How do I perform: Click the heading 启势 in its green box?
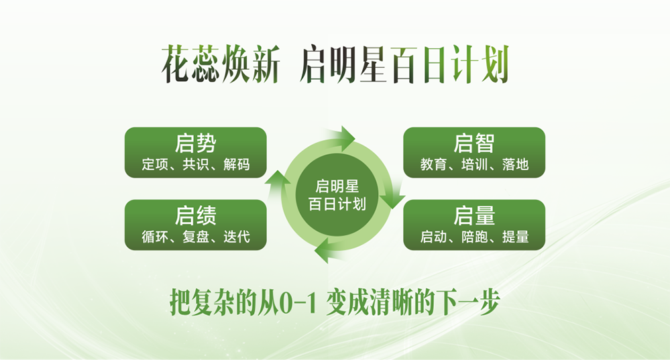coord(195,143)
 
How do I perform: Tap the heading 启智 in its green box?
coord(474,143)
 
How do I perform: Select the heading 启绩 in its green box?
coord(195,216)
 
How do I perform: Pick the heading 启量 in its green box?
coord(474,216)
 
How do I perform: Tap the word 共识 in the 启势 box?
coord(195,165)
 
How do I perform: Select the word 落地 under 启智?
coord(515,165)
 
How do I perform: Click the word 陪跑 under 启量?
coord(474,237)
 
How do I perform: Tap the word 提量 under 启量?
coord(515,237)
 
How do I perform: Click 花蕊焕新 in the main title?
coord(219,64)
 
